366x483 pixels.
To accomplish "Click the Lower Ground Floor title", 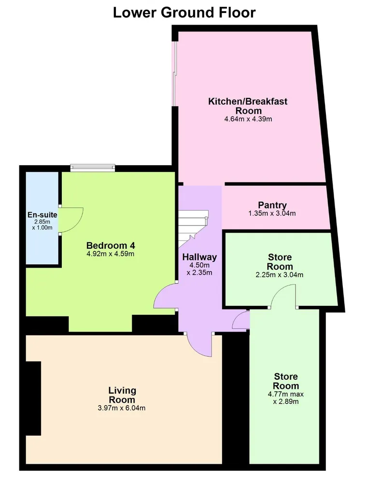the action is (184, 13).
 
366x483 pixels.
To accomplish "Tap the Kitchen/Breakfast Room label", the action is (248, 106).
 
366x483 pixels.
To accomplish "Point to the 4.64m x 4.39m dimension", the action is (248, 119).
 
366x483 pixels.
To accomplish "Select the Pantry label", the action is (272, 205).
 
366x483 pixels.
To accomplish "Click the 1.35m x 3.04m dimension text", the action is (272, 213).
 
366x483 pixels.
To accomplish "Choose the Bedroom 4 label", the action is (111, 245).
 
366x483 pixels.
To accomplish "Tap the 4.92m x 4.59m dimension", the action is (111, 254).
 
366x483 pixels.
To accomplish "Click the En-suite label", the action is (42, 215).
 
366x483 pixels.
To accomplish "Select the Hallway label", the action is (199, 257).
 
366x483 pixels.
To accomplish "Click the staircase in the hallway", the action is (193, 228).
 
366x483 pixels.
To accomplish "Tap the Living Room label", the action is (122, 395).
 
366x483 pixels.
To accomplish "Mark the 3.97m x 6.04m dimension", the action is (122, 408).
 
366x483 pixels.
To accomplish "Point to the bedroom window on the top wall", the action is (93, 168).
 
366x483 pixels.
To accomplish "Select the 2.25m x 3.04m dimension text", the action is (280, 275).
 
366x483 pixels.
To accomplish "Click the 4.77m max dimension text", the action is (286, 394).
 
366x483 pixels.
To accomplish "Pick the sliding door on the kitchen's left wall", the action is (174, 73).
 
